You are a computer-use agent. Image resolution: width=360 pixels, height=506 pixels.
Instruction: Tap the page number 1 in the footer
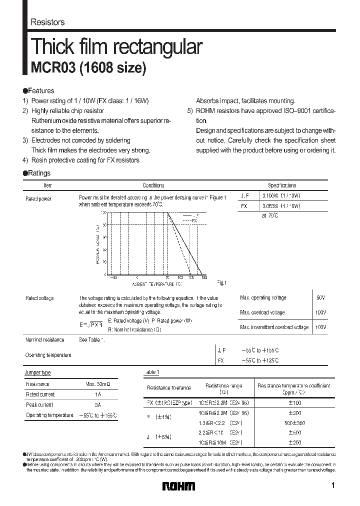[x=332, y=485]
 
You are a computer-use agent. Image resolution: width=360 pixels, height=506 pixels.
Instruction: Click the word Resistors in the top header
[x=47, y=22]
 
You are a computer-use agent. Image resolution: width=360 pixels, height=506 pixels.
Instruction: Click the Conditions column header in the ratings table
[x=153, y=185]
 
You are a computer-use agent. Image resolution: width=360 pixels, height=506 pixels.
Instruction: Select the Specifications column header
[x=281, y=185]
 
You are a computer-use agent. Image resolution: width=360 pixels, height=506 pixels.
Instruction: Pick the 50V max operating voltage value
[x=320, y=297]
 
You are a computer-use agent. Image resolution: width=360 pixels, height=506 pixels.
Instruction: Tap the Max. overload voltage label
[x=262, y=312]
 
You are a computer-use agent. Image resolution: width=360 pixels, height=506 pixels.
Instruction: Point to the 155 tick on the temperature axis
[x=204, y=277]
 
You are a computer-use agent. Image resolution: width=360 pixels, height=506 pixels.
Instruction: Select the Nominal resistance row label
[x=45, y=340]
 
